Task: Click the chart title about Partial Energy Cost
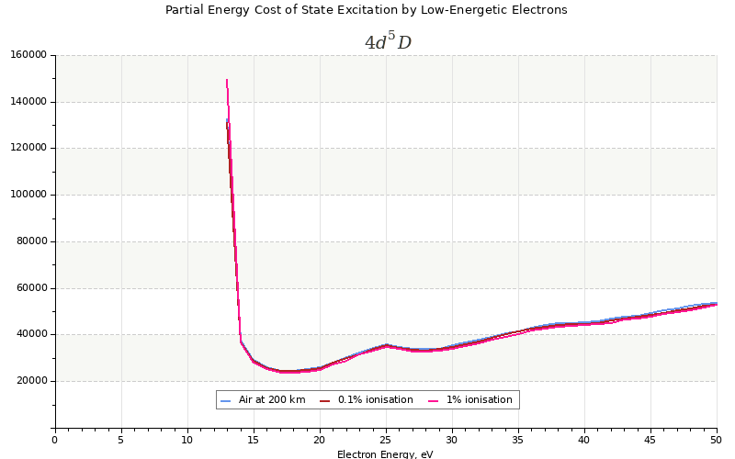click(366, 10)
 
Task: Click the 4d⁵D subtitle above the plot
click(388, 42)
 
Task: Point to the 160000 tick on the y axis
click(28, 55)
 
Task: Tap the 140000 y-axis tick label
click(28, 102)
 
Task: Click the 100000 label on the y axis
click(28, 195)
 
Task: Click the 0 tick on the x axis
click(55, 441)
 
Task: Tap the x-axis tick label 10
click(187, 441)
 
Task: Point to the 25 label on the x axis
click(386, 441)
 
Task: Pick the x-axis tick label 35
click(518, 441)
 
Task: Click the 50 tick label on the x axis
click(717, 441)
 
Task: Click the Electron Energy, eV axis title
click(385, 453)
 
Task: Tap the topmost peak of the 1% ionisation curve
click(227, 80)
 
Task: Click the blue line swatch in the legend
click(226, 400)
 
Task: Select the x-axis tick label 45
click(650, 441)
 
